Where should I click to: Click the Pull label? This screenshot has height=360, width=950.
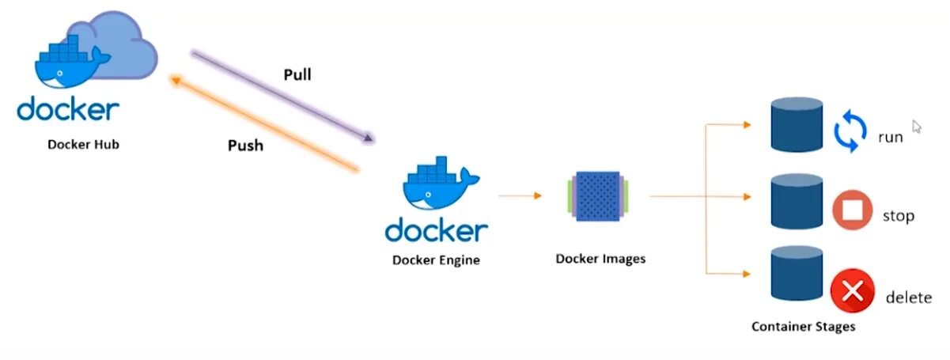click(x=297, y=75)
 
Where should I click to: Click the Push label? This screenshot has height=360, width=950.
click(x=245, y=146)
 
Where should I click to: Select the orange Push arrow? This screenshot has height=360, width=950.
click(x=265, y=123)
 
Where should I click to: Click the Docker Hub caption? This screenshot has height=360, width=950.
click(x=84, y=144)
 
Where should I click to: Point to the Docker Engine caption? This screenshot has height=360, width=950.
click(x=436, y=260)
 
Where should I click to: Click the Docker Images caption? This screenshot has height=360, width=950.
click(x=600, y=259)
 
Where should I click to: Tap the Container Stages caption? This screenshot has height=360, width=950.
click(x=803, y=326)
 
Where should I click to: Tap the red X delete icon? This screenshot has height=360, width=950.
click(x=852, y=291)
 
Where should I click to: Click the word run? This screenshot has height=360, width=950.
click(x=890, y=137)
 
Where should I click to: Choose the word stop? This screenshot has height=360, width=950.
click(x=898, y=215)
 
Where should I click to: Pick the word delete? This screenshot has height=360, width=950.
click(x=908, y=298)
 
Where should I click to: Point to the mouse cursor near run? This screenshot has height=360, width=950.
click(x=917, y=126)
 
